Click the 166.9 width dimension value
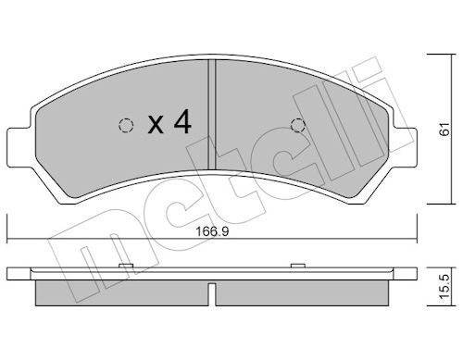coord(213,231)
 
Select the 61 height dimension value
coord(444,129)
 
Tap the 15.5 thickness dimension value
coord(444,287)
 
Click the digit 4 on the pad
coord(182,122)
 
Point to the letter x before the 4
coord(156,125)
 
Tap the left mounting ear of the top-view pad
coord(19,147)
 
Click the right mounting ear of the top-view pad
coord(406,147)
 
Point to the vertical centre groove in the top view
coord(211,114)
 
